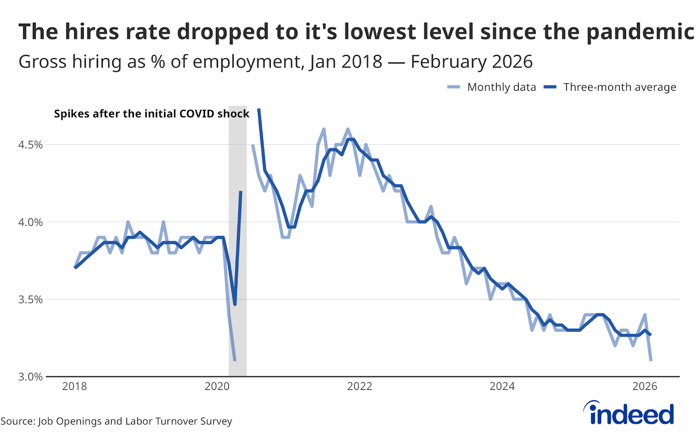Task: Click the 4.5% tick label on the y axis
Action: (x=30, y=145)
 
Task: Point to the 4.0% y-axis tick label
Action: (x=30, y=222)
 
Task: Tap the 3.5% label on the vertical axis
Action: (x=30, y=300)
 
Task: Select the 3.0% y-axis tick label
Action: (x=30, y=377)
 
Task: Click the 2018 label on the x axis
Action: (x=75, y=386)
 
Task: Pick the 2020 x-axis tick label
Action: (x=217, y=386)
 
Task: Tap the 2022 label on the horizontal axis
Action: (x=359, y=386)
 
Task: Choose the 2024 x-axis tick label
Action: (x=502, y=386)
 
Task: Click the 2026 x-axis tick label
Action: (x=645, y=386)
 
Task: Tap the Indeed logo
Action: (x=629, y=413)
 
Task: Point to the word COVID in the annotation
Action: (x=192, y=114)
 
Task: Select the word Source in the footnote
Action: (x=17, y=421)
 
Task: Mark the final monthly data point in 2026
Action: (x=651, y=360)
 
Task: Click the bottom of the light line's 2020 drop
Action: (x=235, y=360)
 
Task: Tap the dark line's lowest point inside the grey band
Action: (x=235, y=304)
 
